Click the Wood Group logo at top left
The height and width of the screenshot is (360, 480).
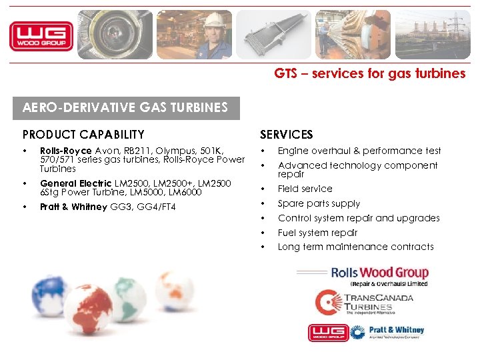point(41,35)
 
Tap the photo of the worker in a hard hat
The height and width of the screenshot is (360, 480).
point(194,35)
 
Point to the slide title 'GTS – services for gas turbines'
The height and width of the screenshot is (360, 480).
point(369,74)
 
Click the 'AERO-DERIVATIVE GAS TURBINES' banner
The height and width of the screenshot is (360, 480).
point(125,107)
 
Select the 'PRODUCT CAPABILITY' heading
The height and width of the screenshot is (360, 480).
point(83,135)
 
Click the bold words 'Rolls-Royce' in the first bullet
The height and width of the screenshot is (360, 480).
point(66,151)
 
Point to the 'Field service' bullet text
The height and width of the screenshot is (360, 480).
point(305,189)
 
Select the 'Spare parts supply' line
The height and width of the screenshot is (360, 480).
point(319,203)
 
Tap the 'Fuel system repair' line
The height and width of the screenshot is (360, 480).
point(317,233)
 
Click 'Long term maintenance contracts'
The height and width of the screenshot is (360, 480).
point(355,247)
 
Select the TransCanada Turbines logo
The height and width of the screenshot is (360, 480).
point(364,302)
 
